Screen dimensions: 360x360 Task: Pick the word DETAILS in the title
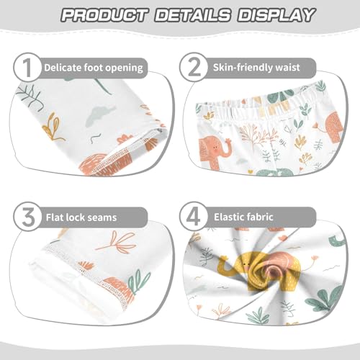190,14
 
